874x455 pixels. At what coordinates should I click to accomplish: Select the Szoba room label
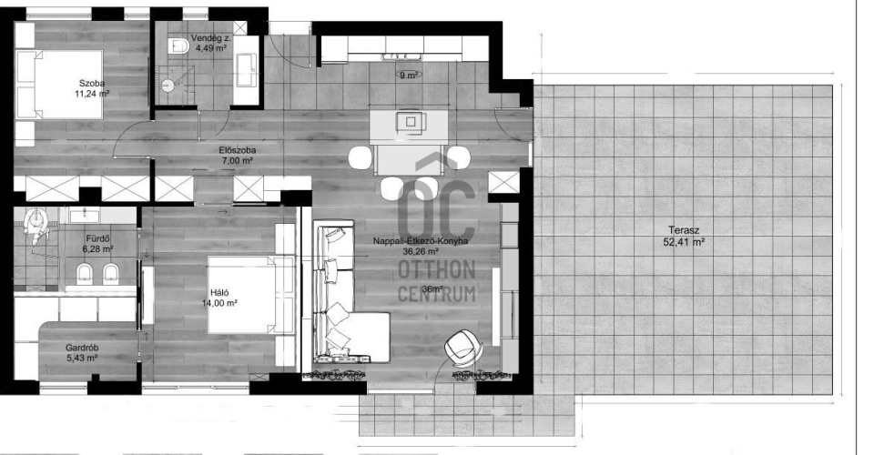(92, 84)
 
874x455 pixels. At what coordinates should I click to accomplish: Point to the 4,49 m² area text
(210, 48)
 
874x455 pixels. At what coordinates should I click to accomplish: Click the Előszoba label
(238, 150)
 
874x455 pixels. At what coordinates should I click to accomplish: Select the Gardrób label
(82, 348)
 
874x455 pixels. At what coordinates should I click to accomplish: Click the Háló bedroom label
(220, 293)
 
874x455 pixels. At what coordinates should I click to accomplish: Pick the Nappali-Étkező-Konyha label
(421, 241)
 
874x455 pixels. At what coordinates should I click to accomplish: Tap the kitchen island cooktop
(411, 121)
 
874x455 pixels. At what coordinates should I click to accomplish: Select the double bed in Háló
(251, 295)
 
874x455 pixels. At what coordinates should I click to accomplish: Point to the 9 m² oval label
(410, 76)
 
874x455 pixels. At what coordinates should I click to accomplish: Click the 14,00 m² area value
(220, 304)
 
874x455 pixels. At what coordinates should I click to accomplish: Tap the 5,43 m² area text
(82, 359)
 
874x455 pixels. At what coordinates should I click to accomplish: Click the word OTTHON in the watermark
(436, 270)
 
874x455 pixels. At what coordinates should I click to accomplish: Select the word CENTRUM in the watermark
(436, 293)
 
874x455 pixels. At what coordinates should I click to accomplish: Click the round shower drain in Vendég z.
(168, 85)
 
